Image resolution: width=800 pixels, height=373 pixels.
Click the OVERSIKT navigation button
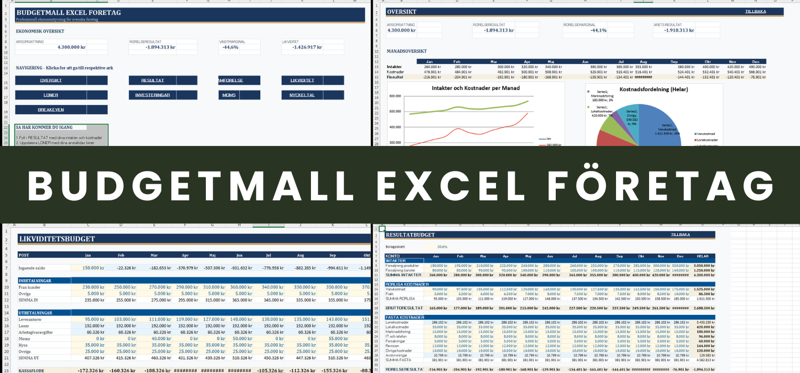51,80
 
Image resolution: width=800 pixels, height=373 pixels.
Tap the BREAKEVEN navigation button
51,109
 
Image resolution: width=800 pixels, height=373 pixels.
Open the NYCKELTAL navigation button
302,95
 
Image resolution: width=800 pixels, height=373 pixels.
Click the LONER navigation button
51,95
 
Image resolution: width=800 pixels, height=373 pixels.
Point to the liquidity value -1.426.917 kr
307,47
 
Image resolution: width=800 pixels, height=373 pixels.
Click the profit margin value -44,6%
230,47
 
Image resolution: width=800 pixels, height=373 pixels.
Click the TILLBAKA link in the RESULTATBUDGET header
680,234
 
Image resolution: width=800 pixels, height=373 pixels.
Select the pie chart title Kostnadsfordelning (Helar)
653,89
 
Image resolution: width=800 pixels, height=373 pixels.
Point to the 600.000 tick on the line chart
395,96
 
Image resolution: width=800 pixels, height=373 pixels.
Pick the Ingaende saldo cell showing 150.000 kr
92,267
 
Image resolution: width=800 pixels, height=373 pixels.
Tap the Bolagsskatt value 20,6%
442,247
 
